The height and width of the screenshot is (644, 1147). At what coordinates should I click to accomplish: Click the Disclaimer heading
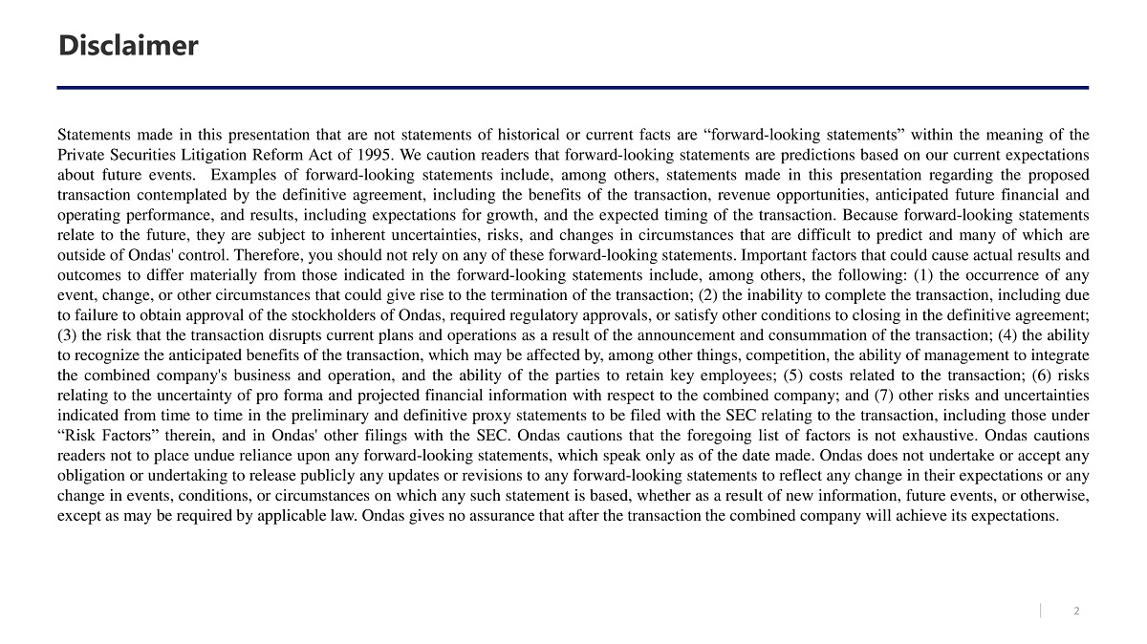coord(128,45)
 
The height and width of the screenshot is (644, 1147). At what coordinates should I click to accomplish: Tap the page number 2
coord(1077,612)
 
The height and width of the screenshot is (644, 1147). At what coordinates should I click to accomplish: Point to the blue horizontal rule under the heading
coord(573,88)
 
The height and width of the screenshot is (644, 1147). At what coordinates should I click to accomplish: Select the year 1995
coord(373,155)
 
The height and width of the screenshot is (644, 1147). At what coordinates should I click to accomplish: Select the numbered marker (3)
coord(68,335)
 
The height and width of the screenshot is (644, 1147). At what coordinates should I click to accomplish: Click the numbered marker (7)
coord(884,396)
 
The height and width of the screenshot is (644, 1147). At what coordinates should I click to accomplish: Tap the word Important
coord(772,255)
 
